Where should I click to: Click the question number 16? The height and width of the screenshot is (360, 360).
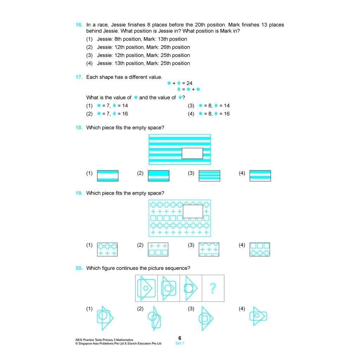[x=79, y=25]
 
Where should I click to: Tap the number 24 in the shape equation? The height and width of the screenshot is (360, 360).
[x=189, y=83]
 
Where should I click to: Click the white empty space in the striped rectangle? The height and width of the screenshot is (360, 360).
[x=192, y=153]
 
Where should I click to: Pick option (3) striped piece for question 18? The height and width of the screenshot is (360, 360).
[x=209, y=176]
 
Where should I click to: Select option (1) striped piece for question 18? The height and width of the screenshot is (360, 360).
[x=108, y=176]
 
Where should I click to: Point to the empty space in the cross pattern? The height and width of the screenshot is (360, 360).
[x=193, y=211]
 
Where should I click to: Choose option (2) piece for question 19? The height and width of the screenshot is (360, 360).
[x=158, y=249]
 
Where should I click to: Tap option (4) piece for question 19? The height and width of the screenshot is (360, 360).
[x=260, y=249]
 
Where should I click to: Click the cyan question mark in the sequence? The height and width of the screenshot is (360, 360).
[x=213, y=288]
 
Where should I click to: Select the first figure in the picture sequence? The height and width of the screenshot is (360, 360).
[x=146, y=288]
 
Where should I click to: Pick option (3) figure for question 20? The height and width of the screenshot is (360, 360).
[x=205, y=319]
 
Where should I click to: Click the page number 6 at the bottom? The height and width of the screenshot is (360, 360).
[x=180, y=338]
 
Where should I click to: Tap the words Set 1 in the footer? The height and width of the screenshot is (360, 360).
[x=180, y=343]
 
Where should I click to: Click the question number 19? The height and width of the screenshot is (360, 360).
[x=79, y=193]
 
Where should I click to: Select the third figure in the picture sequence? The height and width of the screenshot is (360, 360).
[x=191, y=288]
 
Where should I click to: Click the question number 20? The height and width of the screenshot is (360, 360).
[x=79, y=268]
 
